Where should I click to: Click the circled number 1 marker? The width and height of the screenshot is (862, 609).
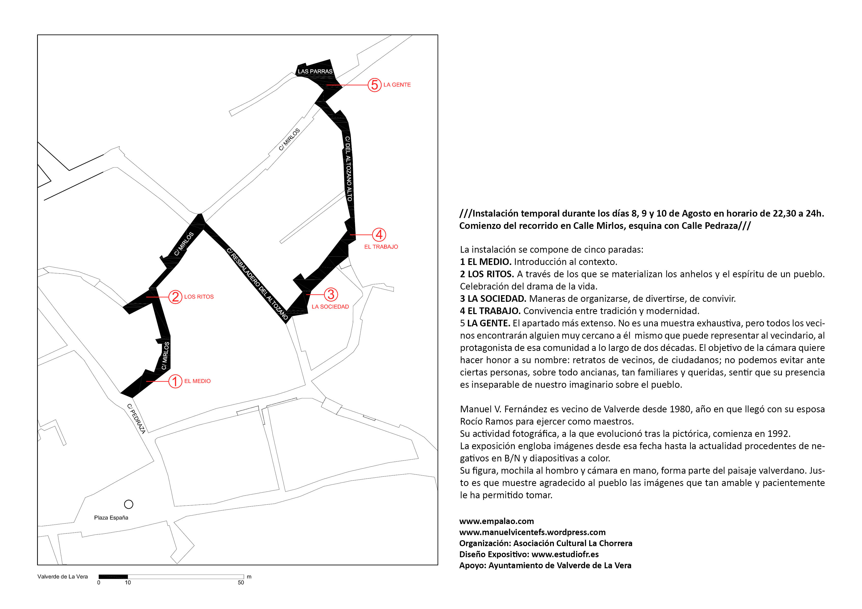[175, 381]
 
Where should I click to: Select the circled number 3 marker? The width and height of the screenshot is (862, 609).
[331, 295]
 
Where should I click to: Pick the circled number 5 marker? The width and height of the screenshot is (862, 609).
[374, 85]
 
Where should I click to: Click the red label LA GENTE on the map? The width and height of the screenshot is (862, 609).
[397, 85]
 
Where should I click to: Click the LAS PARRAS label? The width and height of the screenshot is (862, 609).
[315, 71]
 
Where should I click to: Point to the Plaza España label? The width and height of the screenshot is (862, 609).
[111, 518]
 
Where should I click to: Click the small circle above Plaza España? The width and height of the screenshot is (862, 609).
[129, 504]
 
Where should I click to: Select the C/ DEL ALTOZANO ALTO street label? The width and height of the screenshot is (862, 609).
[349, 169]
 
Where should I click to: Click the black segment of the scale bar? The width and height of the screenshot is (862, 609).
[113, 577]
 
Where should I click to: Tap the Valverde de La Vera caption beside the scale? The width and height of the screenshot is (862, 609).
[63, 577]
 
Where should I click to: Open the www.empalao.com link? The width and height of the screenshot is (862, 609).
[496, 521]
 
